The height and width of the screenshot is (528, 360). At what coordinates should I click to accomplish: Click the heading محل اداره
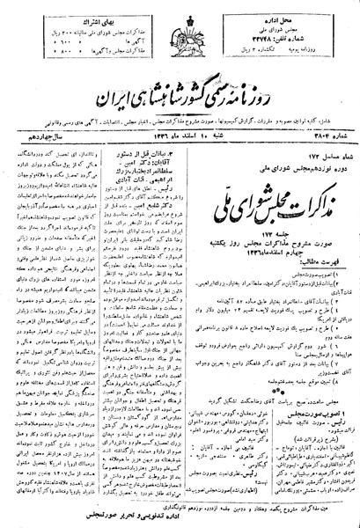(298, 15)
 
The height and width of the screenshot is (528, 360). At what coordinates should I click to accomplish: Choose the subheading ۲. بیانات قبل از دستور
(205, 145)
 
